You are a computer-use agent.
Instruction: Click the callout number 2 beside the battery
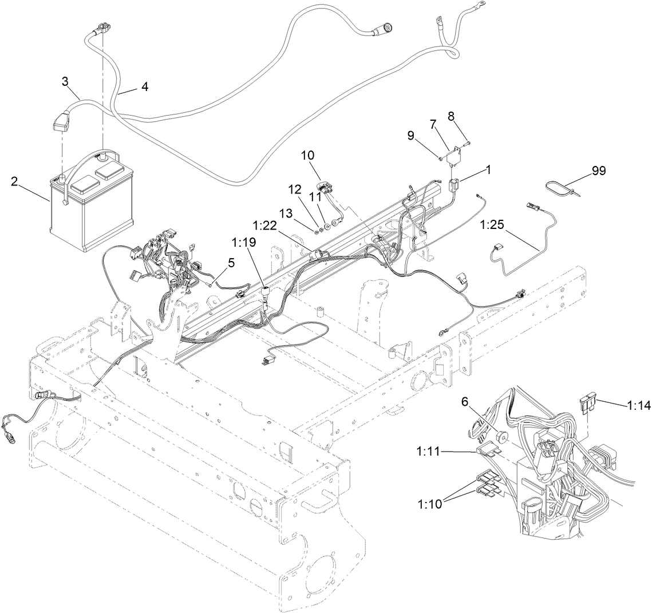[14, 182]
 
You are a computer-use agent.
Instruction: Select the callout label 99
[599, 170]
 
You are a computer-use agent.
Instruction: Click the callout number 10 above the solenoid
[307, 155]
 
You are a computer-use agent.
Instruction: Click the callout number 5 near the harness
[231, 263]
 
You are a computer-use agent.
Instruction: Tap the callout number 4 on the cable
[145, 86]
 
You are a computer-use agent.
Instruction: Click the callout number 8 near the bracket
[451, 116]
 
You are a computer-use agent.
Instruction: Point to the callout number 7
[433, 124]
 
